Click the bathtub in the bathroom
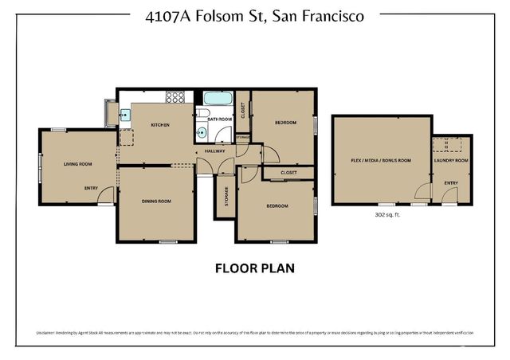[x=215, y=100]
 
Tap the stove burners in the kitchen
[x=175, y=97]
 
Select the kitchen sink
[x=125, y=115]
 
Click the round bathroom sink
[x=202, y=133]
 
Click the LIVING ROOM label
[x=78, y=164]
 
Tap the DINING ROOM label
[x=156, y=201]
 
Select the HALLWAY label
[x=214, y=151]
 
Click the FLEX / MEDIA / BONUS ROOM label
[x=381, y=160]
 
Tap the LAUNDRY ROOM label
[x=451, y=160]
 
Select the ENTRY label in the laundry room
[x=451, y=182]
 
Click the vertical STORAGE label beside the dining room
[x=226, y=196]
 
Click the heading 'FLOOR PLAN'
[x=255, y=268]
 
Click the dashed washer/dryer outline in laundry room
[x=451, y=145]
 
